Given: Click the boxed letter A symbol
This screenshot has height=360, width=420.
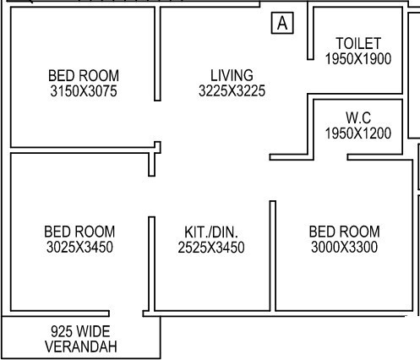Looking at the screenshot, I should [282, 25].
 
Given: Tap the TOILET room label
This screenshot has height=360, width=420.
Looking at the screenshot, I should [358, 43].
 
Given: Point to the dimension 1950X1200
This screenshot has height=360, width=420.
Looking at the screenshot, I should [358, 133].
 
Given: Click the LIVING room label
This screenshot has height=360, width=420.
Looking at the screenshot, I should [232, 75].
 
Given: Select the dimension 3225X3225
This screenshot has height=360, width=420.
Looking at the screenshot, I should [232, 90].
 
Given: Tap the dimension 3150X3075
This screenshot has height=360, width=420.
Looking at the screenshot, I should [85, 90].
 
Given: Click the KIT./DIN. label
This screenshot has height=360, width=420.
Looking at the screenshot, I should [211, 232].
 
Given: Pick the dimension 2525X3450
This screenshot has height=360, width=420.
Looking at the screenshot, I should [211, 247].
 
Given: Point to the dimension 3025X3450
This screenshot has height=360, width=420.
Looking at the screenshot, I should [79, 247].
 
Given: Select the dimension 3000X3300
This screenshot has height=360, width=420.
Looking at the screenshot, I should [344, 247].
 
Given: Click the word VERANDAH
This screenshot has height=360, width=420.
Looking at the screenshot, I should [80, 346].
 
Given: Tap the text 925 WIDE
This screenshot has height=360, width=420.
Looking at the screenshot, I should [80, 331].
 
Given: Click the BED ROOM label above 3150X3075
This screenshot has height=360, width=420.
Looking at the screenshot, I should [85, 75].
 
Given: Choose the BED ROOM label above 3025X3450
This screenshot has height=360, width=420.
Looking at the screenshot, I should [79, 232].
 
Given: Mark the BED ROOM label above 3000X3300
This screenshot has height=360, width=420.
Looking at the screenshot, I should [344, 232].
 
